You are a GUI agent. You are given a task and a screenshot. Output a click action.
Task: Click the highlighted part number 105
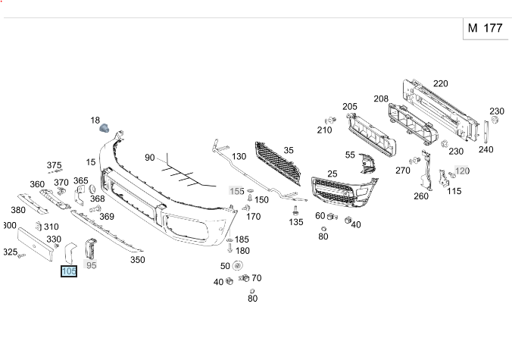[69, 271]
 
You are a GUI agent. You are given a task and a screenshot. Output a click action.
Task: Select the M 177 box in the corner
[485, 28]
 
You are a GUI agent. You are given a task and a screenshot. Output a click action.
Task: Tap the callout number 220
[440, 83]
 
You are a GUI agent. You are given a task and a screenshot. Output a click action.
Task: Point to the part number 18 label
[95, 120]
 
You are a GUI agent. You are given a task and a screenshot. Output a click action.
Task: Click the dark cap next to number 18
[106, 129]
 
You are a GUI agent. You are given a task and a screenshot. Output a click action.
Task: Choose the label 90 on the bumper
[150, 158]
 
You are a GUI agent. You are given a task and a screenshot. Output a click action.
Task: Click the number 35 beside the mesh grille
[289, 150]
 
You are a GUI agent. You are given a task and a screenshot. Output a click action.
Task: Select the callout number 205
[349, 106]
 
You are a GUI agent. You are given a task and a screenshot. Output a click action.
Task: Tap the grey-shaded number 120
[462, 171]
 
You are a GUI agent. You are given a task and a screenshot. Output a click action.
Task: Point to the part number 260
[421, 196]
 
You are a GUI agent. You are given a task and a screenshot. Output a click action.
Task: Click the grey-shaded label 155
[237, 191]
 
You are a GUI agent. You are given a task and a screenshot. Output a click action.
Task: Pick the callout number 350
[137, 259]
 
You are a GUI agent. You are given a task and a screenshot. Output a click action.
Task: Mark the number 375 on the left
[54, 164]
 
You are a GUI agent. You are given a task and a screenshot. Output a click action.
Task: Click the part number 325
[10, 252]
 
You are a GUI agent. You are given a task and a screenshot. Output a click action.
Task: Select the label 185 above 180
[242, 239]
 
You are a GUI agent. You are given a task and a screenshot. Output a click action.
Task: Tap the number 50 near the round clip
[225, 266]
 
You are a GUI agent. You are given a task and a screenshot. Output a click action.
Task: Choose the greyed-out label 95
[92, 265]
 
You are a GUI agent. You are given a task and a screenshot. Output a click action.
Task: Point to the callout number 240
[485, 149]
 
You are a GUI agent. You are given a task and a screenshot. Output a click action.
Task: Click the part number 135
[295, 222]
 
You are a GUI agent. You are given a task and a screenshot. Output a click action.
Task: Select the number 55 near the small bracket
[350, 155]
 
